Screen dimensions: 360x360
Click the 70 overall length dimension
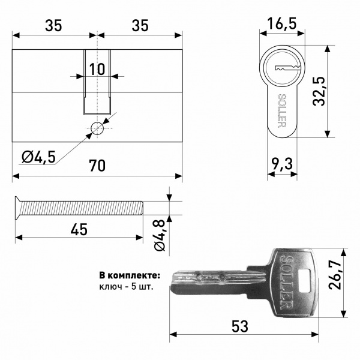tap(97, 166)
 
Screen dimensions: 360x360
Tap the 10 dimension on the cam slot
tap(97, 69)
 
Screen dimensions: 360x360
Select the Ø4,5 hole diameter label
tap(38, 157)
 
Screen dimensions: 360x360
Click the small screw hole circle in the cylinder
tap(97, 128)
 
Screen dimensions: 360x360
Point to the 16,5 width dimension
tap(282, 23)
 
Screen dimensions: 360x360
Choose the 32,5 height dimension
tap(319, 91)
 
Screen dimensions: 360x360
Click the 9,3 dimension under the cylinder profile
tap(282, 164)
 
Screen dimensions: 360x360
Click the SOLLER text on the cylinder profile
tap(282, 110)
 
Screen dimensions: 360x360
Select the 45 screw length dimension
tap(79, 229)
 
